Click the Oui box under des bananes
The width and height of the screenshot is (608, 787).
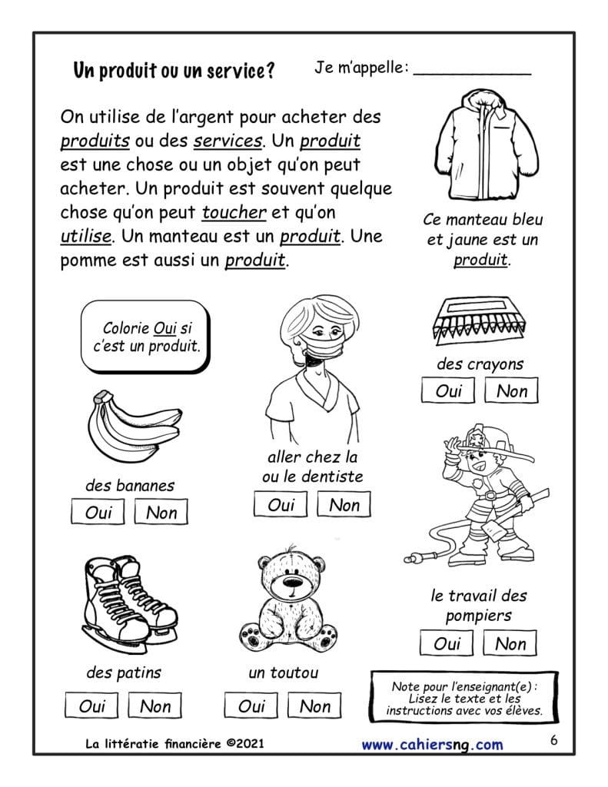[98, 512]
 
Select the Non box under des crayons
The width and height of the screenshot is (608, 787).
[511, 390]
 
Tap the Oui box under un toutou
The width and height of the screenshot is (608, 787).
[251, 706]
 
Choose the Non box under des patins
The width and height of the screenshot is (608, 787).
[155, 706]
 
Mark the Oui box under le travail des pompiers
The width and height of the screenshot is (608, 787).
[447, 643]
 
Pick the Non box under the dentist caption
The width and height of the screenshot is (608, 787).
[344, 504]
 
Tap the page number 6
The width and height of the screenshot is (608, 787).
[554, 741]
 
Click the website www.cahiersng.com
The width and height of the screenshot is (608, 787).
[432, 744]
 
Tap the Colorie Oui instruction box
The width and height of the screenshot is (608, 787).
[145, 337]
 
